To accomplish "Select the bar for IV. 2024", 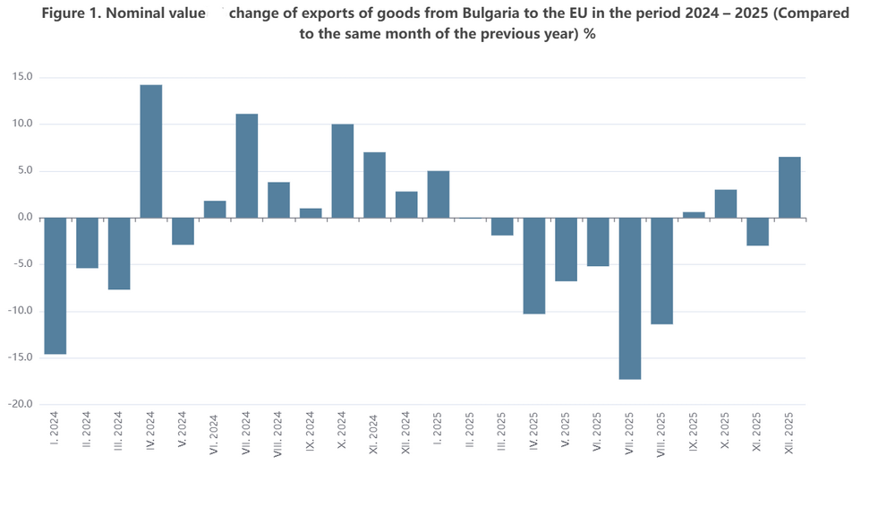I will click(151, 151).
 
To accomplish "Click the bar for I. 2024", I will click(55, 286).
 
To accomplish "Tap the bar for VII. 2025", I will click(630, 298).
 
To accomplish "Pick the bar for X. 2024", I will click(343, 171).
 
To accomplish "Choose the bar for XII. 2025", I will click(789, 187).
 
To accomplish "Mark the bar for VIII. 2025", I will click(662, 271).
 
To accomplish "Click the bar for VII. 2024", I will click(247, 166).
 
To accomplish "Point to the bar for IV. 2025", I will click(534, 266).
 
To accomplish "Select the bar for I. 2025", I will click(439, 194).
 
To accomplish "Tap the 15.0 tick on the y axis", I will click(22, 77).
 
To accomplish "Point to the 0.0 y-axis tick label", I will click(25, 218).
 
